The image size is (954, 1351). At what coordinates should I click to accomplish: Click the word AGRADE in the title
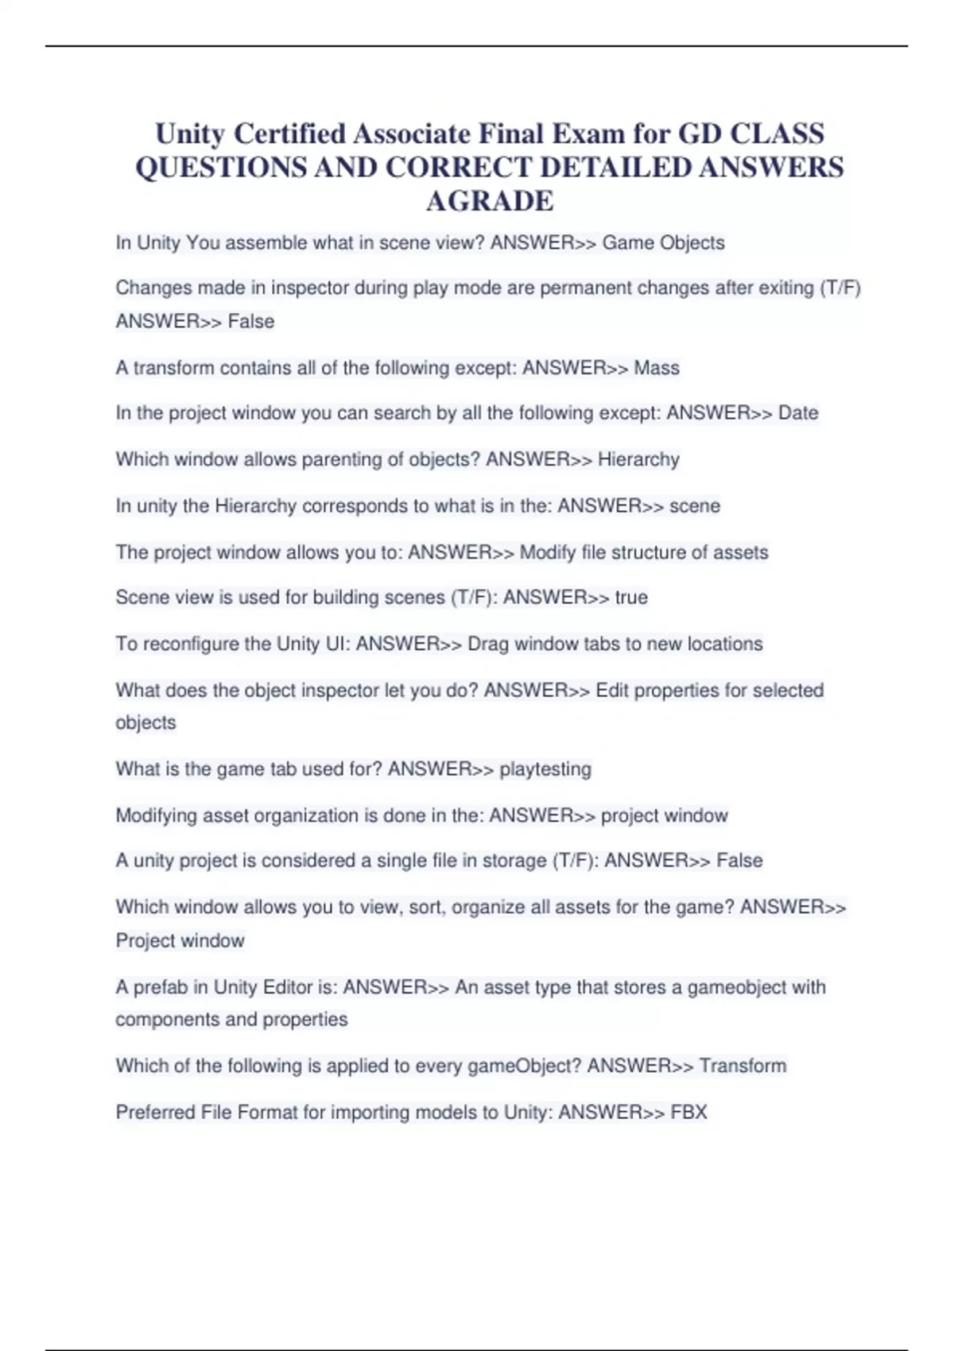(489, 201)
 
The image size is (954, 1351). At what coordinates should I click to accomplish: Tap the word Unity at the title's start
(189, 134)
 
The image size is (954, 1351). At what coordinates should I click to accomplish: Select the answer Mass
(657, 368)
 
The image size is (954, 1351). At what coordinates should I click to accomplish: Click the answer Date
(798, 413)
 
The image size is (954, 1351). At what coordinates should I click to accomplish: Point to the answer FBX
(688, 1112)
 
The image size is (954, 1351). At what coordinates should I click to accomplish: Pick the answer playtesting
(545, 769)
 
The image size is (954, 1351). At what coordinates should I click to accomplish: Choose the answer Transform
(743, 1066)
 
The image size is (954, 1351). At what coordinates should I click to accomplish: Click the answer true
(631, 598)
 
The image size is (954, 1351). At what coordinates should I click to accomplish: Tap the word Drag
(487, 644)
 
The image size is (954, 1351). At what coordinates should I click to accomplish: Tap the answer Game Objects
(663, 243)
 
